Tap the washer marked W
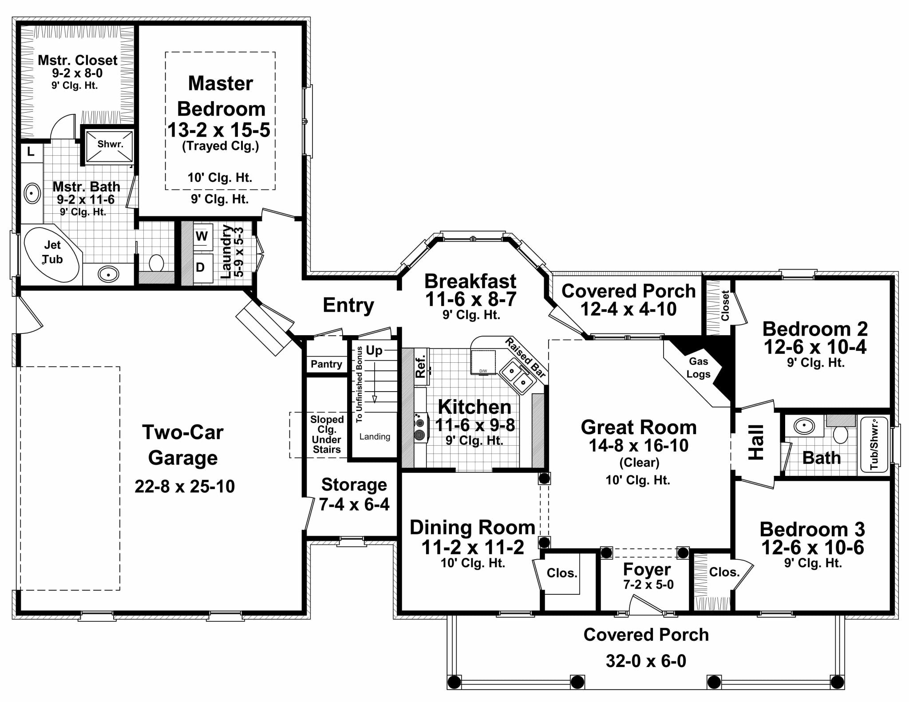[x=202, y=237]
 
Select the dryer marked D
[x=201, y=267]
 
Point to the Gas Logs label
[x=698, y=368]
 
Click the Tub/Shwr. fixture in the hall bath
[x=874, y=444]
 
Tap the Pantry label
[x=326, y=364]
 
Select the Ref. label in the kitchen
[x=421, y=365]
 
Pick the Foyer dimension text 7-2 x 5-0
[x=648, y=585]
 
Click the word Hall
[x=756, y=442]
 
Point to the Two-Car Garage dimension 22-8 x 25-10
[x=185, y=486]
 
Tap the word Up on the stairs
[x=374, y=351]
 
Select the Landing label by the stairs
[x=375, y=436]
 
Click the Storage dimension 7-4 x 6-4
[x=354, y=504]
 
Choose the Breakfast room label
[x=470, y=281]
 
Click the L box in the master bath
[x=31, y=152]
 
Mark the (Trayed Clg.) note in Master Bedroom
[x=220, y=146]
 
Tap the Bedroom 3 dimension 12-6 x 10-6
[x=813, y=548]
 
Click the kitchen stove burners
[x=419, y=427]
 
